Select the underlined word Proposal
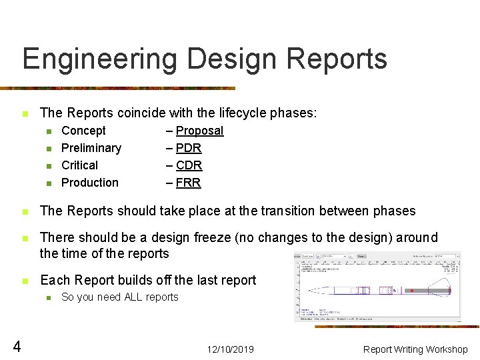click(x=199, y=131)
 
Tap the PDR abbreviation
click(x=189, y=148)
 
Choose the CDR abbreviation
click(x=189, y=165)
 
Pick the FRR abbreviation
click(x=188, y=183)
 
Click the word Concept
click(x=83, y=131)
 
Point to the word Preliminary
click(x=91, y=148)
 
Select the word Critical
click(x=79, y=165)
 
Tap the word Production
click(x=90, y=183)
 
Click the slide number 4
click(x=17, y=346)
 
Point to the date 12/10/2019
click(x=230, y=349)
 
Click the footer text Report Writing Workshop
click(x=415, y=349)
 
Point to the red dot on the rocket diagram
click(x=412, y=291)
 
